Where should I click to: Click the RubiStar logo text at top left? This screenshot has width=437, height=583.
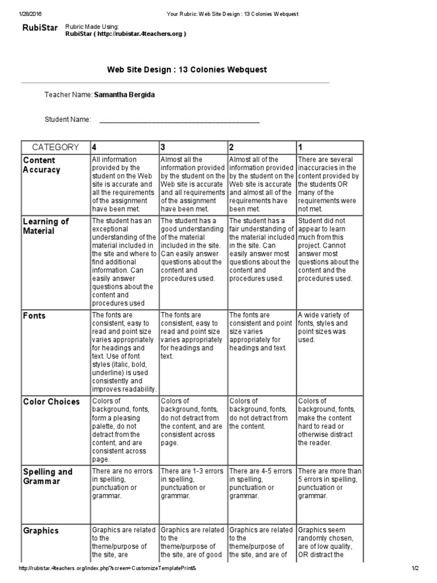(x=40, y=28)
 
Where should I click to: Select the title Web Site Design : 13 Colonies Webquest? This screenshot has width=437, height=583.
(x=187, y=69)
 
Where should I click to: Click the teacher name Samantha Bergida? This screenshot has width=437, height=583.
(x=124, y=95)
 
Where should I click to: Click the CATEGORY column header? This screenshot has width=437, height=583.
(x=55, y=147)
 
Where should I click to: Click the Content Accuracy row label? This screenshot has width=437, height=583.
(x=41, y=165)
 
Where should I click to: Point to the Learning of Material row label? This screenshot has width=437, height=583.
(x=46, y=226)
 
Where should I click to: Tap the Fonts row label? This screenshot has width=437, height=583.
(x=34, y=315)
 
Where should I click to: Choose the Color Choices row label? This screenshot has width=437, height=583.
(x=51, y=401)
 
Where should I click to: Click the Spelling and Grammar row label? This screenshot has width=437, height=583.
(x=48, y=476)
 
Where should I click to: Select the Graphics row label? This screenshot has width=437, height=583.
(x=41, y=531)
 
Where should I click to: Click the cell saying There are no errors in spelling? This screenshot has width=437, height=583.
(x=123, y=483)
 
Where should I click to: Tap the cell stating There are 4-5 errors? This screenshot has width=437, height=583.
(x=261, y=483)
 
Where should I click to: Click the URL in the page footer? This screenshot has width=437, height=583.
(x=108, y=568)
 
